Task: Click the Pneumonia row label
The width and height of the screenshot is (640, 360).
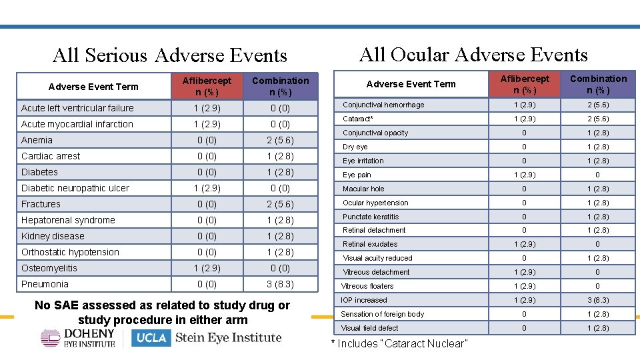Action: coord(45,284)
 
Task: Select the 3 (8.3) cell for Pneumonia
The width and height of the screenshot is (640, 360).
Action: coord(281,284)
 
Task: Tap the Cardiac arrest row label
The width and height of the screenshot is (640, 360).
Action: coord(51,156)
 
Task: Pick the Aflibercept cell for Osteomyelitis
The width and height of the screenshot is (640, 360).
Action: coord(207,268)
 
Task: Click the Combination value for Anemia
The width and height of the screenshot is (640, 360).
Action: coord(281,141)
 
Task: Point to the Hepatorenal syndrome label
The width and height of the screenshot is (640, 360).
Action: coord(68,221)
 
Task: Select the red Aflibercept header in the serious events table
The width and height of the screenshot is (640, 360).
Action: coord(207,87)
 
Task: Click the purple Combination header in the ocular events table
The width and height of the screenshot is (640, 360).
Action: coord(598,84)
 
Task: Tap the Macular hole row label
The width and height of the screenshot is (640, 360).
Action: coord(363,189)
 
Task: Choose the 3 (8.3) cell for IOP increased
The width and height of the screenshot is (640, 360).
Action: coord(598,300)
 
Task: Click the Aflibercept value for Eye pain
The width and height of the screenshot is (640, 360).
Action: coord(525,175)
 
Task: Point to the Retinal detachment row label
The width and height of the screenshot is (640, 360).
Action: coord(374,230)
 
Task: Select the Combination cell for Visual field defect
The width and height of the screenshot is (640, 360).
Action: coord(598,328)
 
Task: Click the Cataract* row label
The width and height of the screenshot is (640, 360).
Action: coord(357,119)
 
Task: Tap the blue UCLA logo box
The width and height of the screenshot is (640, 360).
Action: coord(151,338)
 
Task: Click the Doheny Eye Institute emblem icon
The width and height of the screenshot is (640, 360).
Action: coord(51,337)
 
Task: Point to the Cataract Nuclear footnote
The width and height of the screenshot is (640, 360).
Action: coord(399,344)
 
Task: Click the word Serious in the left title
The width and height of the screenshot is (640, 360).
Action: coord(116,55)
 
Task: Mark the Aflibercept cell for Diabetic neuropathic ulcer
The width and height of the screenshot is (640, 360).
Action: coord(207,188)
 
